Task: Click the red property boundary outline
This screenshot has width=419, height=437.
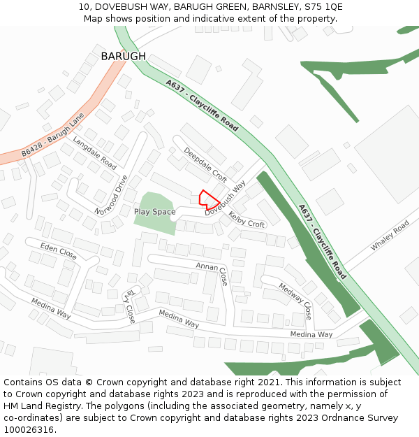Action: coord(209,199)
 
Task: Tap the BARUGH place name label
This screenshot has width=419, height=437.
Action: coord(123,56)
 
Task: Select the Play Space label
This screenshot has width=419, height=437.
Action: coord(154,210)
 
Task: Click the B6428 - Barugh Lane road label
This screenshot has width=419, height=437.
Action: coord(52,134)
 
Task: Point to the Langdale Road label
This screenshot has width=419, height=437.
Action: coord(94,153)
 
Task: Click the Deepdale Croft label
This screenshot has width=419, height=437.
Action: coord(205,164)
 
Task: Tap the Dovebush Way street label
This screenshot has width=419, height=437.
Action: coord(226,198)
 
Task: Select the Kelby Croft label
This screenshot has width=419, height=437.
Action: coord(247,220)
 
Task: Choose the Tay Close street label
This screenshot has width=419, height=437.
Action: coord(129,306)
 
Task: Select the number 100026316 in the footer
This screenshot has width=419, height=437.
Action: coord(30,429)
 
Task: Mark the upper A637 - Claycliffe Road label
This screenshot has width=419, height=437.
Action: coord(203,106)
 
